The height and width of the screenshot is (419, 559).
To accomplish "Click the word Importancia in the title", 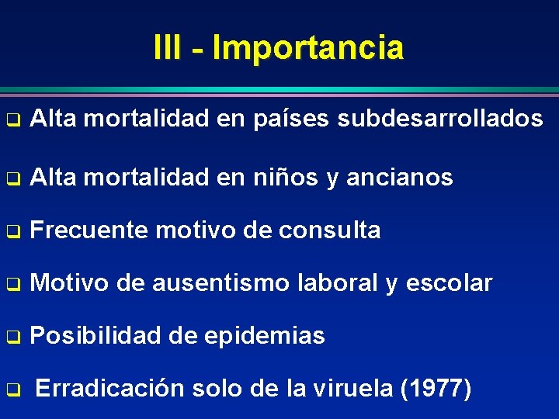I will pyautogui.click(x=308, y=47).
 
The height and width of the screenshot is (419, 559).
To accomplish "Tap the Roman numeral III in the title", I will pyautogui.click(x=168, y=47).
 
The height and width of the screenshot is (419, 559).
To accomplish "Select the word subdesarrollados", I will pyautogui.click(x=440, y=119).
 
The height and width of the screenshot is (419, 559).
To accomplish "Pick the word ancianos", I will pyautogui.click(x=400, y=178).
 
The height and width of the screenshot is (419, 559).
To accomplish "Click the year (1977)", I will pyautogui.click(x=435, y=389).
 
